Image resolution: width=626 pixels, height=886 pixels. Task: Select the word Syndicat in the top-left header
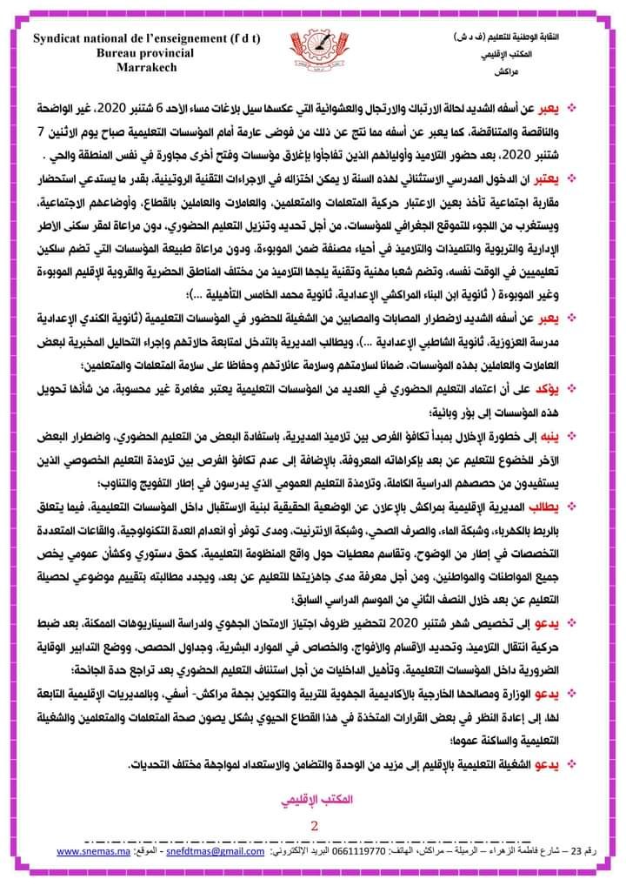coord(65,38)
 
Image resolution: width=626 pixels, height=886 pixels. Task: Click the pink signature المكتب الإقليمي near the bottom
coord(312,797)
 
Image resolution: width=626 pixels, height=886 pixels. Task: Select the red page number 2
coord(313,824)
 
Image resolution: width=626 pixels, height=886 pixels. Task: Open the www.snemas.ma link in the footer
coord(93,852)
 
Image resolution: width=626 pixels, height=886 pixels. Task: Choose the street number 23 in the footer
coord(593,852)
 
